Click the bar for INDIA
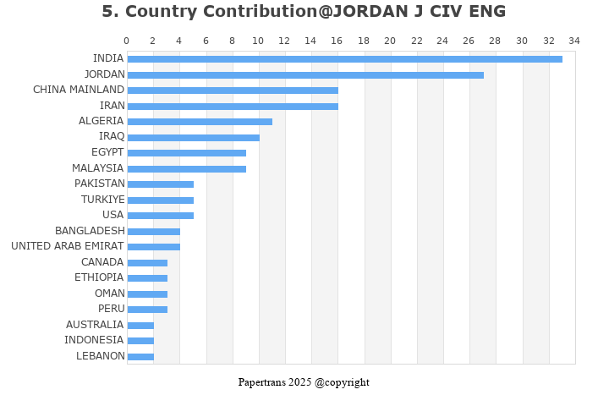344,59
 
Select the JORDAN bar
305,74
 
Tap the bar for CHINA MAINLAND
233,91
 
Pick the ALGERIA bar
200,122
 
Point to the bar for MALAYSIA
186,168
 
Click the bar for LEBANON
140,356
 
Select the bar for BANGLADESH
153,231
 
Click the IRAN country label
112,106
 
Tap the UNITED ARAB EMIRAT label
67,246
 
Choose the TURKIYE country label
102,200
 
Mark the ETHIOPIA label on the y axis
98,277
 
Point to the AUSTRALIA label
94,325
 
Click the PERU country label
110,309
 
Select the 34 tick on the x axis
574,41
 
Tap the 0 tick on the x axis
127,41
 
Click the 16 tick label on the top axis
337,41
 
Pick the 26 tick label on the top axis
469,41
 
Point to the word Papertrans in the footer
261,382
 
